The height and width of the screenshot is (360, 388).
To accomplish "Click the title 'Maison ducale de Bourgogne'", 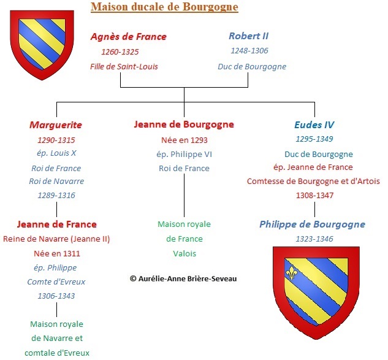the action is click(164, 7).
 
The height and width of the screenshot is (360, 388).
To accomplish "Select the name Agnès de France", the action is click(129, 37).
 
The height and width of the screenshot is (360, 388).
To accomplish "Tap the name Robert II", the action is click(249, 36).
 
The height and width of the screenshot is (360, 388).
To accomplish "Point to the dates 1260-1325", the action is click(120, 52).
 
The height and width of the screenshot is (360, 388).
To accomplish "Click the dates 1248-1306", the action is click(249, 51).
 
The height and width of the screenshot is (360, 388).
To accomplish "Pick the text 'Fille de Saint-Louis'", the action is click(124, 67).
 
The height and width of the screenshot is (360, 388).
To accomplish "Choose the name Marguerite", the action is click(56, 125).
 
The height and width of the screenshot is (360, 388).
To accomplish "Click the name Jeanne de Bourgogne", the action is click(184, 124).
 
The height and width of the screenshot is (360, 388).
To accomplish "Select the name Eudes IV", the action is click(314, 124).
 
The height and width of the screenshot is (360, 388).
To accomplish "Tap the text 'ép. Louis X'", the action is click(56, 153).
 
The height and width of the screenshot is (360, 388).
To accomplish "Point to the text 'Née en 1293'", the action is click(184, 140).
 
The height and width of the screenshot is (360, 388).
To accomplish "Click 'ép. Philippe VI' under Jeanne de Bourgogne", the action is click(184, 155).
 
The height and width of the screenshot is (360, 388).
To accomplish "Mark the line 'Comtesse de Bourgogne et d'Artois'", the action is click(313, 182).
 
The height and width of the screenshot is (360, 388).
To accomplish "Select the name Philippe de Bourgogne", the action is click(312, 224).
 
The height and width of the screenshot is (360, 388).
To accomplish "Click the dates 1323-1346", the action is click(314, 239).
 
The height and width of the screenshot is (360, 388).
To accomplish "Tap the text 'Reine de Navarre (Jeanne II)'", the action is click(56, 239).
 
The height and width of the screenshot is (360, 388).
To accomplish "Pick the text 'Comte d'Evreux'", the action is click(56, 281).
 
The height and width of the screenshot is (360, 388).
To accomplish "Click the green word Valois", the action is click(184, 253).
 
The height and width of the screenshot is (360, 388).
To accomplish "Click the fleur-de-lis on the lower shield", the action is click(291, 273).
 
